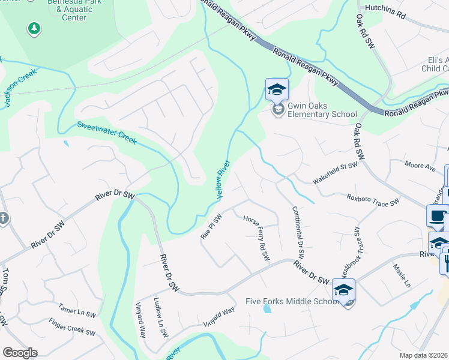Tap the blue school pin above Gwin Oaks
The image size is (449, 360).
pyautogui.click(x=277, y=89)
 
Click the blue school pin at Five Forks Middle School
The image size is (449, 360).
pyautogui.click(x=343, y=290)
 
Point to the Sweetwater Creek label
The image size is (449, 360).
pyautogui.click(x=107, y=133)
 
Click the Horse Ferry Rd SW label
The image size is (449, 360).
pyautogui.click(x=257, y=238)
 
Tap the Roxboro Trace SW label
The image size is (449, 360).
pyautogui.click(x=373, y=200)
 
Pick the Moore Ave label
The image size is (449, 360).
pyautogui.click(x=420, y=166)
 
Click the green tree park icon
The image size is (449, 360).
pyautogui.click(x=34, y=28)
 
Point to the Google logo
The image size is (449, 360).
pyautogui.click(x=20, y=352)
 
